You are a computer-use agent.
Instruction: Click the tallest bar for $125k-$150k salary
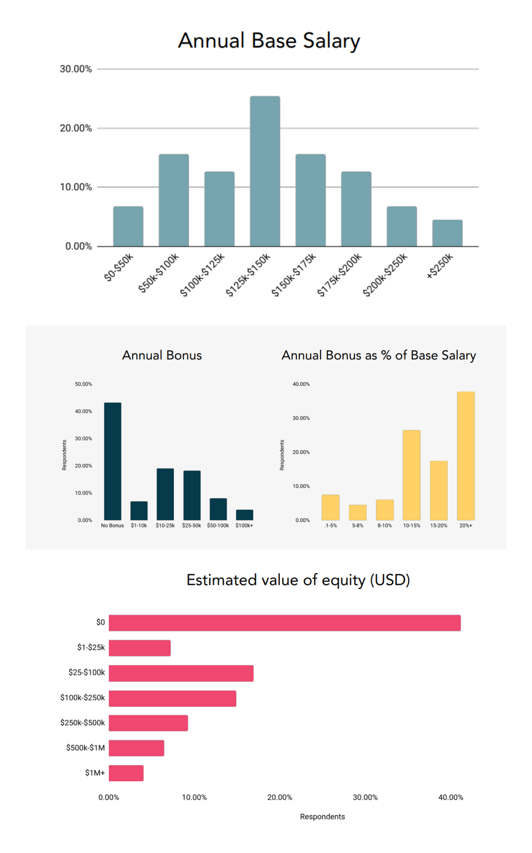point(265,171)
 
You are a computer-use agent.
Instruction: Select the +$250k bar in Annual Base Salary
point(447,233)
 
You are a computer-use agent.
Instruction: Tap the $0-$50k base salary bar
point(128,226)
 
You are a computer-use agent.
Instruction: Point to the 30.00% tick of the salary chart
point(76,69)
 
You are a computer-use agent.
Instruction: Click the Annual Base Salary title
point(269,41)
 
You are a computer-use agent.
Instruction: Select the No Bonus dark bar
point(113,461)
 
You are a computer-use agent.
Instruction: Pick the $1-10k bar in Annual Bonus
point(139,511)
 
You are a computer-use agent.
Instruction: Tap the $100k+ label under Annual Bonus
point(244,525)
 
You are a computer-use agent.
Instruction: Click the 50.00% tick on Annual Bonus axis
point(84,384)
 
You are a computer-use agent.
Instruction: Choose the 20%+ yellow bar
point(466,456)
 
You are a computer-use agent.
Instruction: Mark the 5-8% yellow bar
point(358,513)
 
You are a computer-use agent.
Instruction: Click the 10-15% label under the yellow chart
point(412,525)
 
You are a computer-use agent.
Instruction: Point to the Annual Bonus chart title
point(162,355)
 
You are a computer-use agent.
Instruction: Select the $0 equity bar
point(285,623)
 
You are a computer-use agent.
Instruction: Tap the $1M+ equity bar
point(126,773)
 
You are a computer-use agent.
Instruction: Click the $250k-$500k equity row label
point(82,723)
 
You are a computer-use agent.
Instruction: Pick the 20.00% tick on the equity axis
point(280,797)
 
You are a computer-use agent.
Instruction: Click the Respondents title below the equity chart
point(322,816)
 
